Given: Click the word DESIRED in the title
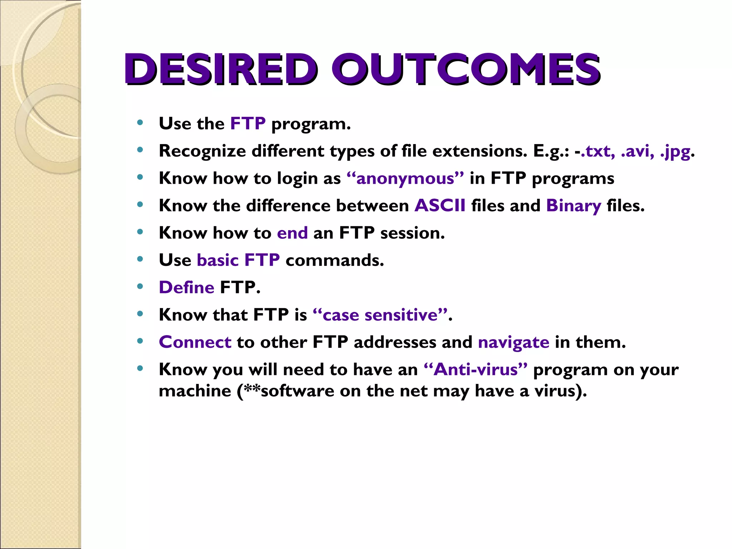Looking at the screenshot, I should point(221,69).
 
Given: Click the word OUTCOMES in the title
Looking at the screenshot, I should point(465,69).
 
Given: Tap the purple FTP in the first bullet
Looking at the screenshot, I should point(248,124).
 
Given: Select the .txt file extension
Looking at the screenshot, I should point(598,151).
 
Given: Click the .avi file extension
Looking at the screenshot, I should point(638,151).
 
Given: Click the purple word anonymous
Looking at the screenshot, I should point(405,178).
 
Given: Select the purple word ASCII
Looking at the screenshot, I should point(440,206).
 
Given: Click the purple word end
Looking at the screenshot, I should point(292,233).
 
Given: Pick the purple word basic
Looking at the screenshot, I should point(218,260).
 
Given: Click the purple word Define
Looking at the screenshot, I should point(186,287).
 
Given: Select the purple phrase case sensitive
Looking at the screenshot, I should point(380,315).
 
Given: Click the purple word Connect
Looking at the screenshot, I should point(195,342).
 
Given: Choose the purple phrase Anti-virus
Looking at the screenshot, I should point(475,369).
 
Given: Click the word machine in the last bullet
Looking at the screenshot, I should point(195,391).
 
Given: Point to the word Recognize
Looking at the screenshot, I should point(202,151).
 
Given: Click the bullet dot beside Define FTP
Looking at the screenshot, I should point(140,286).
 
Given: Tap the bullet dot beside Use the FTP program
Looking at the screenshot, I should point(140,123).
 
